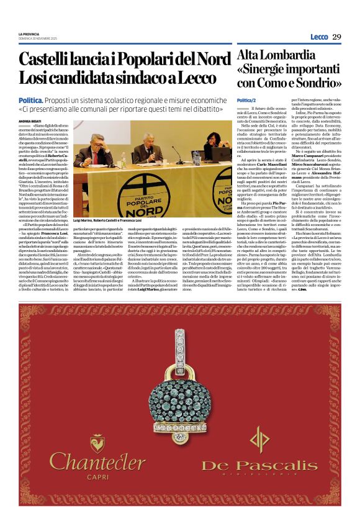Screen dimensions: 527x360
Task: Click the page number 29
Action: pos(336,37)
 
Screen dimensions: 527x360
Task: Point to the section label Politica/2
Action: pos(246,100)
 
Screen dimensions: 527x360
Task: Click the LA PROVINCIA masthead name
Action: pos(29,34)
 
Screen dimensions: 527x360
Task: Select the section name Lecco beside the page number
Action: pos(319,37)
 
